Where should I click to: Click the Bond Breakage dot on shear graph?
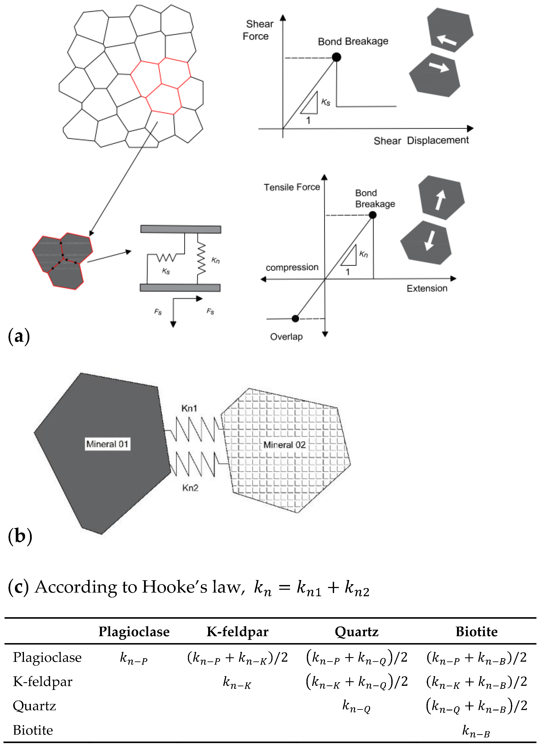click(336, 57)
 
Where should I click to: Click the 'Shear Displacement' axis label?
click(421, 141)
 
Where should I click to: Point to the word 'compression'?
click(292, 267)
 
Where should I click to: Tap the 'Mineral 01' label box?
click(107, 444)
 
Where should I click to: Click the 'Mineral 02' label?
click(284, 445)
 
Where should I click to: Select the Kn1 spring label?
click(189, 408)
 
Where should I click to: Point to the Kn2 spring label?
click(190, 488)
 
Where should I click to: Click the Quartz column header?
click(356, 632)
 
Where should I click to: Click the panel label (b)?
click(20, 536)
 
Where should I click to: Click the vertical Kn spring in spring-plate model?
click(201, 259)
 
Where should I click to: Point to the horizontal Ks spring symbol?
click(167, 257)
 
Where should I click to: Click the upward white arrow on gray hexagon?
click(440, 199)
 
